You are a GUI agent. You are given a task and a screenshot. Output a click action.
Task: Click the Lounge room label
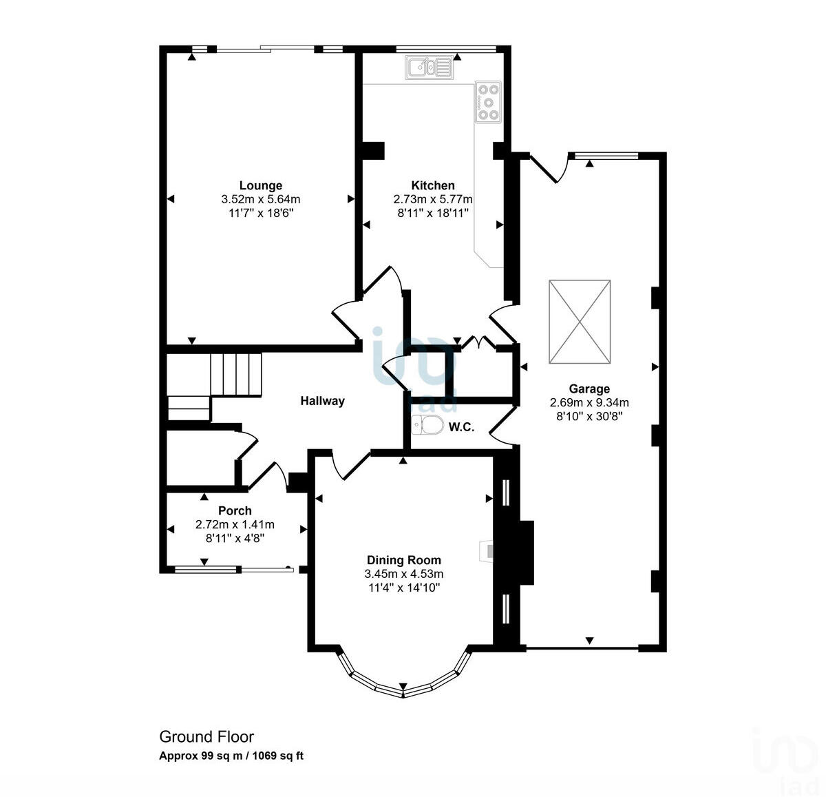point(260,185)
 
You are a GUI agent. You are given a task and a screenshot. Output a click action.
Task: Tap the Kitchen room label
point(432,185)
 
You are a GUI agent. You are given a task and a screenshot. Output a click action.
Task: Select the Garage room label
point(589,389)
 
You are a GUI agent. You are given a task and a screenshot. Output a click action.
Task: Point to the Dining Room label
point(403,560)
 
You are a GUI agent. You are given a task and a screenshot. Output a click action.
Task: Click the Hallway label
point(322,401)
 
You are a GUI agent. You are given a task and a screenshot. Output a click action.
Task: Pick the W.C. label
point(460,427)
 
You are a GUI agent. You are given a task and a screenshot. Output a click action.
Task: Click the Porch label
point(235,510)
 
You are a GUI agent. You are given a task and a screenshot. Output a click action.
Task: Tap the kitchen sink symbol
point(427,68)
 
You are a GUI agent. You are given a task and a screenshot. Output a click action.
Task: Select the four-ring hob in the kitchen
point(488,102)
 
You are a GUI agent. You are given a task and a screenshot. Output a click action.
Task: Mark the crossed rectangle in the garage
point(580,321)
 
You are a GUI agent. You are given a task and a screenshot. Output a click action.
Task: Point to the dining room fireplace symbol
point(487,550)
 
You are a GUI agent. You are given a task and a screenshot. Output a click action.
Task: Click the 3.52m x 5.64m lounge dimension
point(260,199)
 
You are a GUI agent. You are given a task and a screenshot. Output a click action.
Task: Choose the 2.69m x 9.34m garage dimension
point(589,402)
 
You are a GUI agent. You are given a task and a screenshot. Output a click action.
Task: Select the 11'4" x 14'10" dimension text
point(403,588)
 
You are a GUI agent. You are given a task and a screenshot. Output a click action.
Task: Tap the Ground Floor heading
point(206,737)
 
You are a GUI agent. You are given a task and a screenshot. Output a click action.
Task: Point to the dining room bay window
point(403,682)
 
